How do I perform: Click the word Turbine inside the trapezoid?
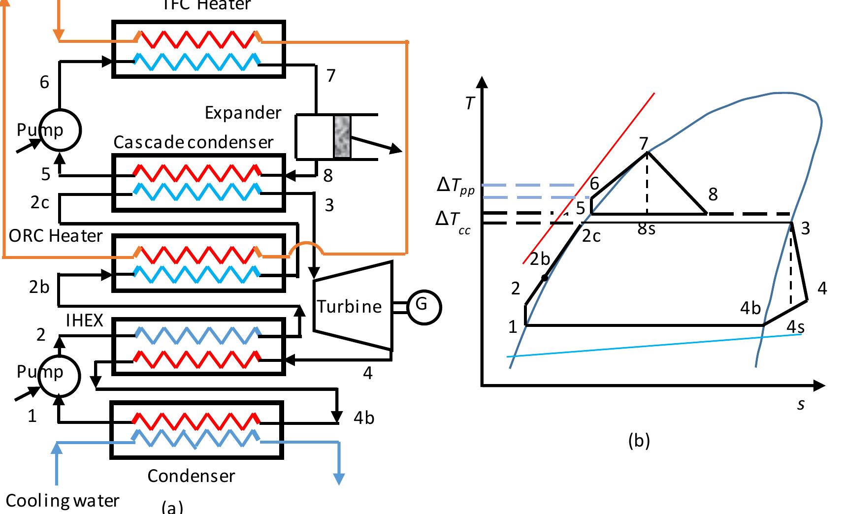click(349, 307)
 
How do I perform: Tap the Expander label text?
click(243, 113)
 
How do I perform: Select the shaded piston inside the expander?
click(342, 137)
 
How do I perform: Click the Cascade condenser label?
click(193, 142)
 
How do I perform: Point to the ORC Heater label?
click(55, 236)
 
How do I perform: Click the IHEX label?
click(84, 321)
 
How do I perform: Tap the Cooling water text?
click(63, 501)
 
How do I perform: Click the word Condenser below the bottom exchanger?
click(191, 476)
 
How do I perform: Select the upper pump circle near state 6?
click(60, 130)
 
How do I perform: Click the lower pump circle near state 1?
click(60, 375)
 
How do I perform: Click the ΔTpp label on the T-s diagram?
click(455, 186)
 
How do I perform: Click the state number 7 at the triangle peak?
click(643, 143)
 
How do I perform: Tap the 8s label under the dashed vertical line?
click(646, 228)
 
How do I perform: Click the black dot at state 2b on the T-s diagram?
click(544, 278)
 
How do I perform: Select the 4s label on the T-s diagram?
click(795, 326)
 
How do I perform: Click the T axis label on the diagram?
click(470, 103)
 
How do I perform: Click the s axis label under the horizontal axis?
click(801, 404)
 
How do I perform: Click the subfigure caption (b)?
click(639, 440)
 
